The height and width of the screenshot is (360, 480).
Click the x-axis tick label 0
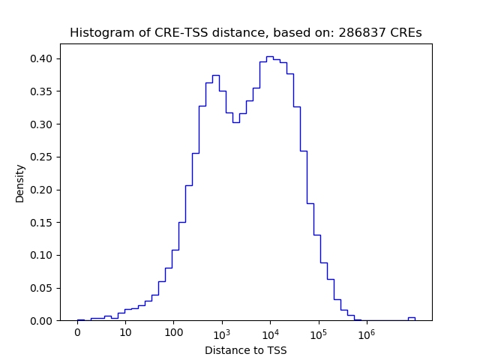(77, 333)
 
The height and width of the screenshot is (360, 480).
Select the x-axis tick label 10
(125, 333)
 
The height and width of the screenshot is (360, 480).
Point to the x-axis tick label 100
(173, 333)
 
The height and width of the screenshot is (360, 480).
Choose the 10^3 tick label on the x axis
(222, 332)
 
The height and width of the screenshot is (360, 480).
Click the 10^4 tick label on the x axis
(270, 332)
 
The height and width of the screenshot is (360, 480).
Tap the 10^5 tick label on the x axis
(318, 332)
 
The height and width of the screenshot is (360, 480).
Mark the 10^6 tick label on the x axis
(366, 332)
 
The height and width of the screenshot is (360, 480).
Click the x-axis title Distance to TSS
(246, 349)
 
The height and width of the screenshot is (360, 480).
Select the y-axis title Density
(20, 183)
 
